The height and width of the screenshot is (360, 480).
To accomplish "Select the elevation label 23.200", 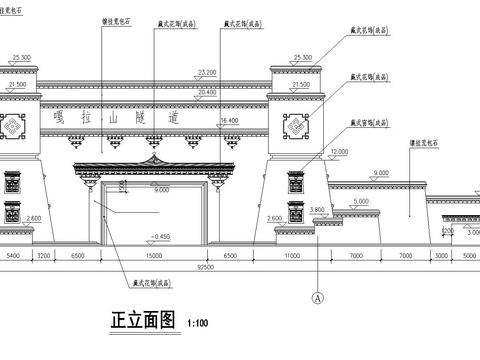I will click(208, 73).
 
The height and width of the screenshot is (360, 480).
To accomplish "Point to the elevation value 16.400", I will click(229, 120).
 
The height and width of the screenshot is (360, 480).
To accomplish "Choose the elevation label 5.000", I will click(360, 202).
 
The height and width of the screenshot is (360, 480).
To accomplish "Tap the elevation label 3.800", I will click(317, 209).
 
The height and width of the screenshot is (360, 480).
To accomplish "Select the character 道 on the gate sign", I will click(207, 117).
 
